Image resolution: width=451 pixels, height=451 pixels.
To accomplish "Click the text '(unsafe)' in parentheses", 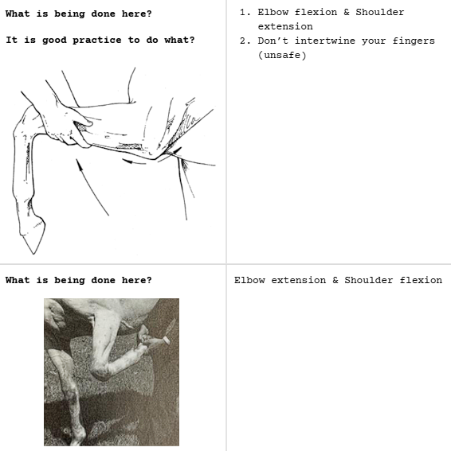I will coord(282,55).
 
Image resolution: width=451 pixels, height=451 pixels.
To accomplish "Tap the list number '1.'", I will coord(245,12).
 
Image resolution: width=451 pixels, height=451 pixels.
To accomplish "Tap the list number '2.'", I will coord(245,41).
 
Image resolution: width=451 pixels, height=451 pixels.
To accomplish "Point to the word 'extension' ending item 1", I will coord(285,26).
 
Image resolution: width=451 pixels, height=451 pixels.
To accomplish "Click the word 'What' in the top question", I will coord(18,14).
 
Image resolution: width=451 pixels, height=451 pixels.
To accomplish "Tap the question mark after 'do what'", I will coord(191,40).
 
